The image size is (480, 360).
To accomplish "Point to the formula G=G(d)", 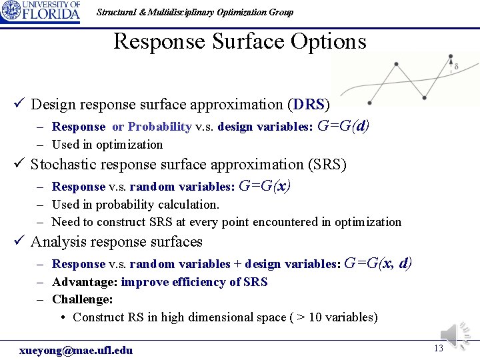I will pyautogui.click(x=343, y=125).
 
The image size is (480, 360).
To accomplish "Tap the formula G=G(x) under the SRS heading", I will pyautogui.click(x=264, y=186).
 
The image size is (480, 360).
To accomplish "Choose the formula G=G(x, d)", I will pyautogui.click(x=378, y=263).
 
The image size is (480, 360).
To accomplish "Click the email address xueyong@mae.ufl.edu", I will pyautogui.click(x=76, y=350).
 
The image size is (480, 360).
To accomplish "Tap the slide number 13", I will pyautogui.click(x=438, y=349).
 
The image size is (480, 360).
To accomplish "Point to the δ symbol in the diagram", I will pyautogui.click(x=456, y=67).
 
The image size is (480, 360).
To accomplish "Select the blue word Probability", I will pyautogui.click(x=160, y=127).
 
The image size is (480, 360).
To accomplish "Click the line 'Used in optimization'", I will pyautogui.click(x=107, y=145).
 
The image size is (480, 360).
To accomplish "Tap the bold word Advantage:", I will pyautogui.click(x=85, y=282).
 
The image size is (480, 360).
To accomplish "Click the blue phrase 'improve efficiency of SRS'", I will pyautogui.click(x=194, y=282).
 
